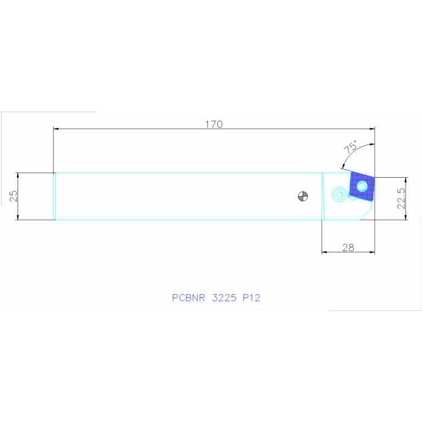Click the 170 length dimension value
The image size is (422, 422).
pos(214,124)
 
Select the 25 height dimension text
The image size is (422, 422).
pos(13,196)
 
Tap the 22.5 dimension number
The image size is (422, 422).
pos(401,199)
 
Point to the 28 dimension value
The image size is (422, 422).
pos(348,248)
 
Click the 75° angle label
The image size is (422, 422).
pos(350,147)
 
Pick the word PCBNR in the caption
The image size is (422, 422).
pos(188,298)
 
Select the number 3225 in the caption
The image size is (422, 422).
pos(224,298)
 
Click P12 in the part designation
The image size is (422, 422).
pos(251,298)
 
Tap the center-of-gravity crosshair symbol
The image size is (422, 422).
pos(303,196)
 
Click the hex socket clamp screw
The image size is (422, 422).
pos(339,194)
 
